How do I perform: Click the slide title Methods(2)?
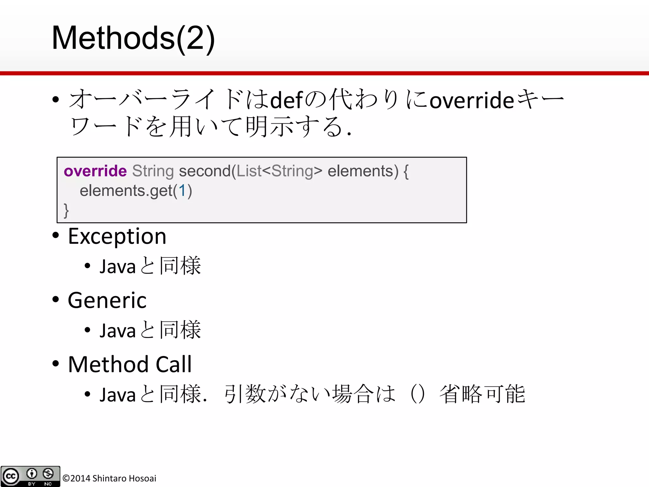[x=133, y=38]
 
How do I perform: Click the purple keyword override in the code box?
[x=95, y=171]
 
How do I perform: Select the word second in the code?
[x=205, y=171]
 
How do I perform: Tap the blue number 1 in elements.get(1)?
[x=182, y=191]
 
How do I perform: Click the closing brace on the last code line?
[x=66, y=210]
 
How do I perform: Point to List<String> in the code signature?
[x=279, y=171]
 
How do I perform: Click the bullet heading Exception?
[x=117, y=237]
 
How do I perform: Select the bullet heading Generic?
[x=107, y=301]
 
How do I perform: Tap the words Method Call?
[x=130, y=364]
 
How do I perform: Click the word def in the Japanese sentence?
[x=287, y=100]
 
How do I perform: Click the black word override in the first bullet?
[x=472, y=100]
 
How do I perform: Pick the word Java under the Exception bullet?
[x=118, y=267]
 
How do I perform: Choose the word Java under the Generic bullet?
[x=118, y=331]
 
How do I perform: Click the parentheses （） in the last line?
[x=417, y=394]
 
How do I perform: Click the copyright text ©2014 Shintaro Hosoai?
[x=109, y=478]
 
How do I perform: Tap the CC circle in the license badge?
[x=11, y=476]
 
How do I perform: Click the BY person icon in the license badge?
[x=32, y=474]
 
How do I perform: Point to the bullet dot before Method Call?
[x=56, y=364]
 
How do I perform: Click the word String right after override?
[x=153, y=171]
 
